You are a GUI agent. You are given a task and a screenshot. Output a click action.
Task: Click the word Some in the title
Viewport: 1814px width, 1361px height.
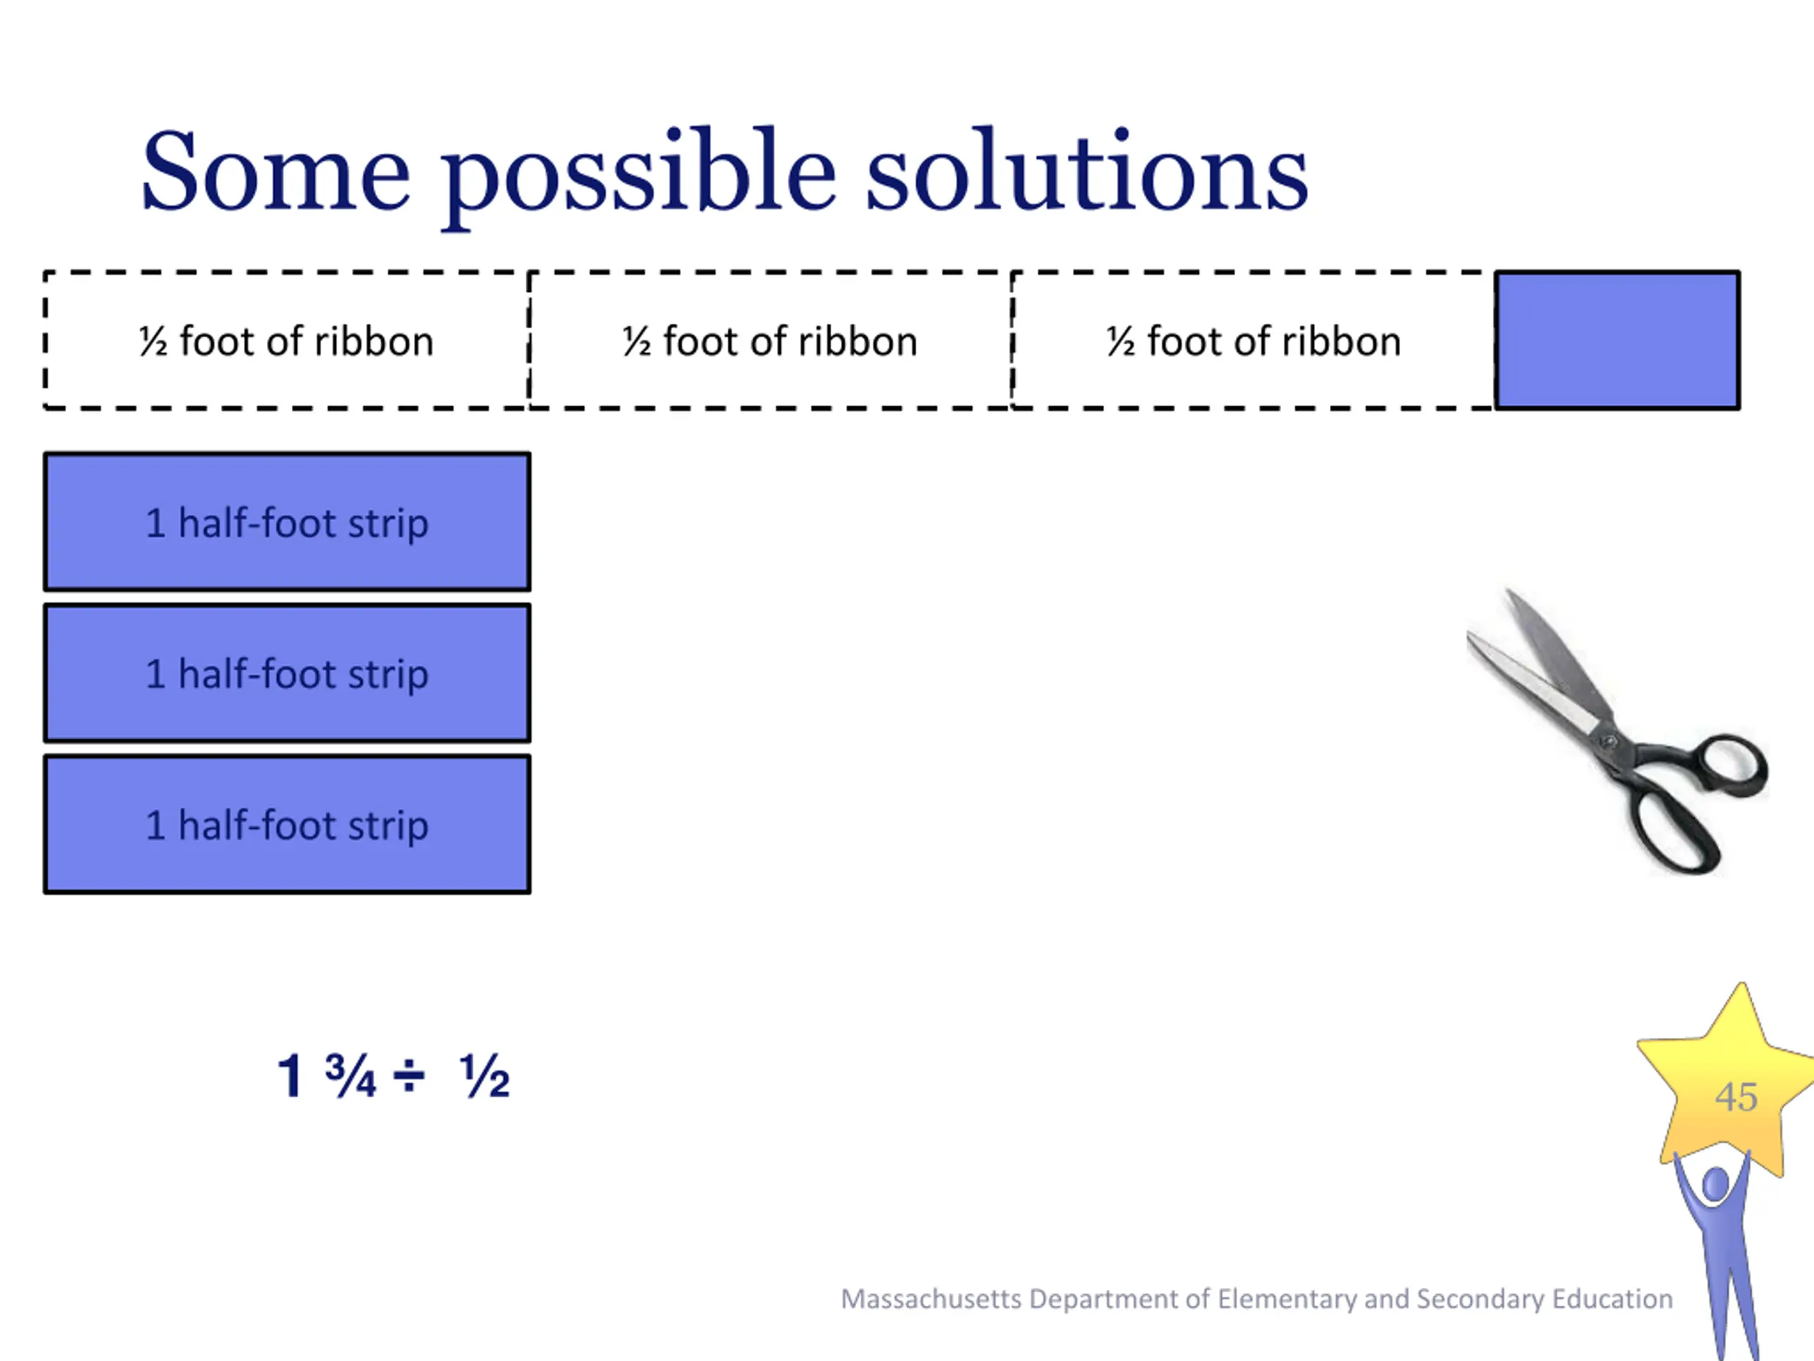tap(276, 172)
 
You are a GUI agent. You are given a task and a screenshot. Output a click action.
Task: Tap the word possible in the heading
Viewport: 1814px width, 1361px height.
tap(640, 177)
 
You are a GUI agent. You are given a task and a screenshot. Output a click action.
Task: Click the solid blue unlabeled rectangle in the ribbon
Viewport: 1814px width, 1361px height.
tap(1617, 340)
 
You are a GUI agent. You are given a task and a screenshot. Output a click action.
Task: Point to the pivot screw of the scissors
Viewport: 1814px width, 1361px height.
tap(1609, 741)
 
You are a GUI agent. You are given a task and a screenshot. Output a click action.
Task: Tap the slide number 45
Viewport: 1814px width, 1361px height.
tap(1736, 1097)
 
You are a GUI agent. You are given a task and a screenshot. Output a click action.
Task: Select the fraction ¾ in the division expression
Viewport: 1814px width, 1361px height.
tap(350, 1075)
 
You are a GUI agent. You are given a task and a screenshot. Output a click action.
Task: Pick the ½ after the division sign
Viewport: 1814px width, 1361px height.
tap(485, 1075)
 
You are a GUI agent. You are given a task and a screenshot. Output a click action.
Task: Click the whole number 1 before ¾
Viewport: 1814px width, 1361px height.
tap(291, 1075)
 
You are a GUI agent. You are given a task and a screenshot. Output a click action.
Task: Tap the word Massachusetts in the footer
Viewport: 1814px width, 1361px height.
tap(932, 1299)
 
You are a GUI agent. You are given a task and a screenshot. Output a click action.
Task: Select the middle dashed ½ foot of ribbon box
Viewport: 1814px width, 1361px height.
tap(770, 340)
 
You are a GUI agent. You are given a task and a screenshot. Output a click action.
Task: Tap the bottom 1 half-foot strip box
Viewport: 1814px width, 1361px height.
tap(287, 824)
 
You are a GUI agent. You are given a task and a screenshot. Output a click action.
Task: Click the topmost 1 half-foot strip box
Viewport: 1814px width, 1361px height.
tap(287, 522)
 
